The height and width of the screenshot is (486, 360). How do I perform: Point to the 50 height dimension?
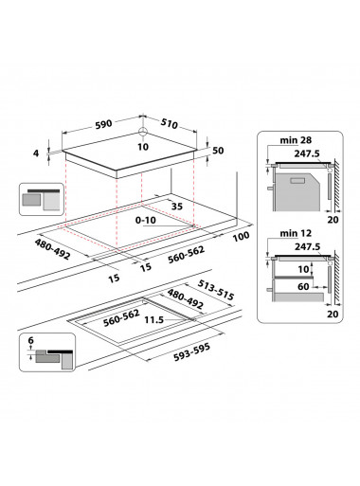[219, 151]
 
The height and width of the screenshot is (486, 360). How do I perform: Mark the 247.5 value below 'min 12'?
[304, 245]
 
